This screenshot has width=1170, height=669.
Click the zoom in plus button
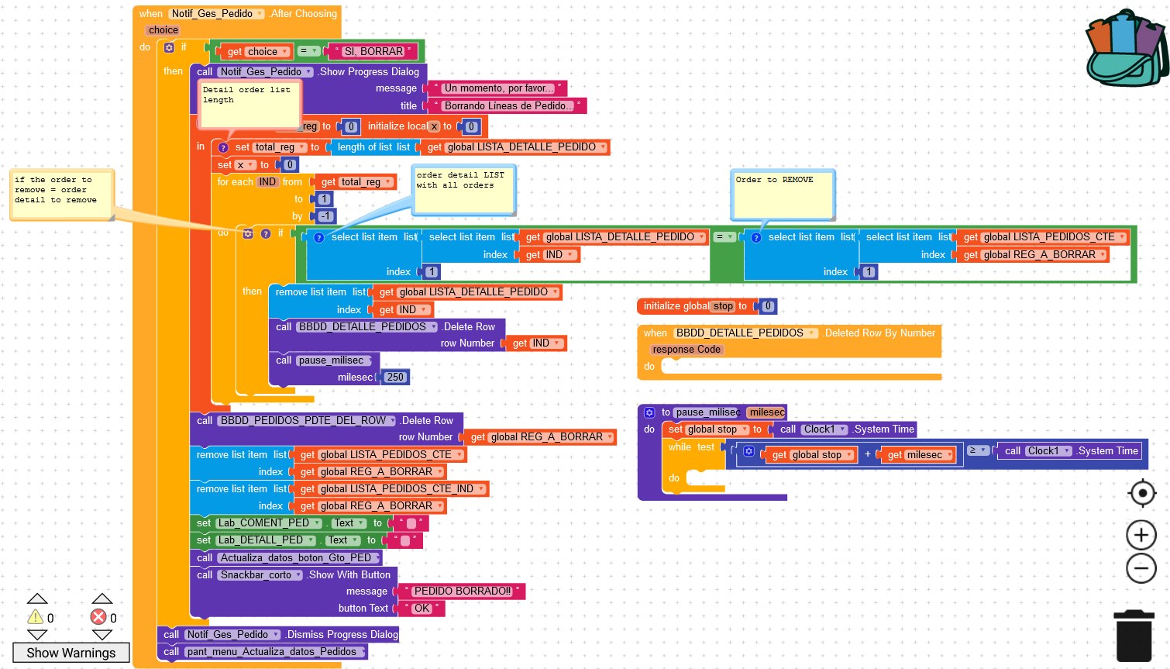point(1141,535)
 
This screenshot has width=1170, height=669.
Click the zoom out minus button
point(1141,568)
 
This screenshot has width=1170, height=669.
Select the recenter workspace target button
point(1141,493)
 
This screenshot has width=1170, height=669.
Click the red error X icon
point(98,617)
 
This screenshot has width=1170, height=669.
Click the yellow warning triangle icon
point(36,617)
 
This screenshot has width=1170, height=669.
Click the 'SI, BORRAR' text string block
point(373,52)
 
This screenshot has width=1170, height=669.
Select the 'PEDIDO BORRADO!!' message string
point(462,591)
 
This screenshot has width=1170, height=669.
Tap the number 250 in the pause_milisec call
point(395,378)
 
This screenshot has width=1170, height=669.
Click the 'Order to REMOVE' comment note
point(783,194)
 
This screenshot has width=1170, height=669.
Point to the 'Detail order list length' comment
point(249,105)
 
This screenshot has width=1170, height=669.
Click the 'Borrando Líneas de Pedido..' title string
point(508,106)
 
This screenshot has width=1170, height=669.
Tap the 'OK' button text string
point(422,609)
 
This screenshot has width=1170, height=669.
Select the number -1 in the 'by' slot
point(325,216)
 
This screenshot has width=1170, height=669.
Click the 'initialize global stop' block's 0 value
point(768,306)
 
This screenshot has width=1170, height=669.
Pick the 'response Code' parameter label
point(687,350)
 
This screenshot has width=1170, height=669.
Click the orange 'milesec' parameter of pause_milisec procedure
point(767,412)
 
